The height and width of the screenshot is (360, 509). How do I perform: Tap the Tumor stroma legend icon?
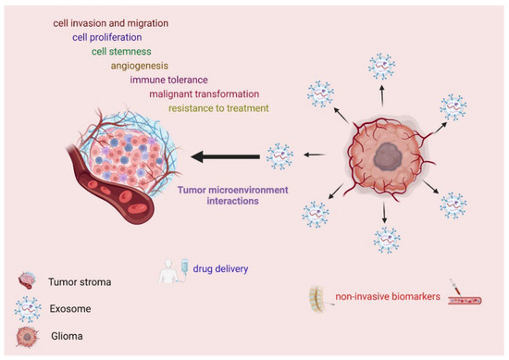coord(24,280)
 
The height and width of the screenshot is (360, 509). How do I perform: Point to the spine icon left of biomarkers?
coord(320,296)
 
